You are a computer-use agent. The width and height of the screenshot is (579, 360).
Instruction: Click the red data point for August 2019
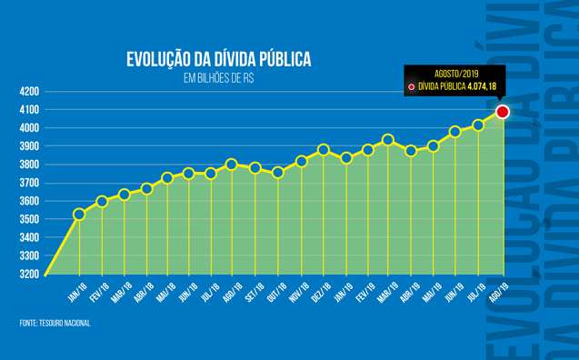502,112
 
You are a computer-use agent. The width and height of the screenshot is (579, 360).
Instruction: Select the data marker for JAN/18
79,214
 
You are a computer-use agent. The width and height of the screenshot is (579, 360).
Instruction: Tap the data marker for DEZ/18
324,149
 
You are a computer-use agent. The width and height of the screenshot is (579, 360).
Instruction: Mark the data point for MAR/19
388,140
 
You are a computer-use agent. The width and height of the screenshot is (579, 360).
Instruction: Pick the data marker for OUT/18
278,172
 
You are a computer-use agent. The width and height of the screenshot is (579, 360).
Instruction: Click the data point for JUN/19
455,132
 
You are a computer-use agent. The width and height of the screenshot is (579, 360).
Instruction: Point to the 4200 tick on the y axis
28,92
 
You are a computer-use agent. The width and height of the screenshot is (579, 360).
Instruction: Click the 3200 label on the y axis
28,274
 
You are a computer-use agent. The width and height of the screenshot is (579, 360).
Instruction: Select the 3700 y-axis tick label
28,183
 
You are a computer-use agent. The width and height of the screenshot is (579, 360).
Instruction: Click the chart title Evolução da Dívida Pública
218,60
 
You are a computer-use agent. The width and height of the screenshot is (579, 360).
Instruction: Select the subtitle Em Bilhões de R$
218,79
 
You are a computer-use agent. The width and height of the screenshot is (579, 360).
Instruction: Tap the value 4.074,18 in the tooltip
482,87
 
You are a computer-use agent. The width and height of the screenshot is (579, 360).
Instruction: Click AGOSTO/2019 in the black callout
454,74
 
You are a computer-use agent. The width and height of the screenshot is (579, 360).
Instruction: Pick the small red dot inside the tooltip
412,87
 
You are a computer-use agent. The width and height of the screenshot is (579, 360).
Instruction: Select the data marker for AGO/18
232,165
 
